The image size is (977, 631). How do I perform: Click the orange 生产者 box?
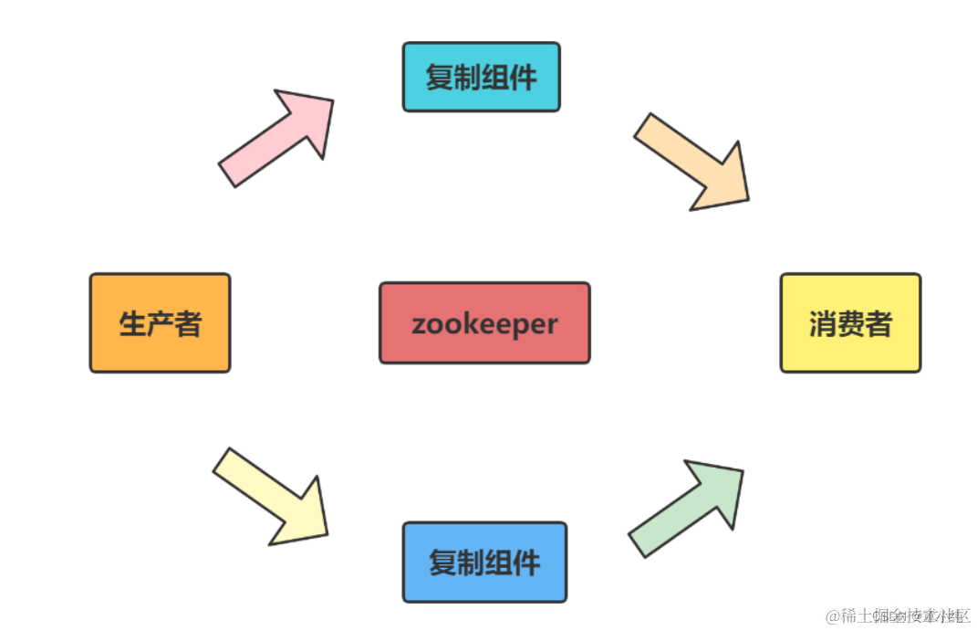(x=160, y=323)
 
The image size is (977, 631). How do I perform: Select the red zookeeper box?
(x=484, y=323)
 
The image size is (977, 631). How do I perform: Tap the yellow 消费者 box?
(x=850, y=323)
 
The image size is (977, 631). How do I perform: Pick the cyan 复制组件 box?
(x=481, y=78)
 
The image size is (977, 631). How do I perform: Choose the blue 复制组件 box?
(x=484, y=563)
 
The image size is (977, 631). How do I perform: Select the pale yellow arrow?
(x=274, y=498)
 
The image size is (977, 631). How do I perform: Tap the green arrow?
(x=689, y=506)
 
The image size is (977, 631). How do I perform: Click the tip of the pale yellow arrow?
(x=326, y=534)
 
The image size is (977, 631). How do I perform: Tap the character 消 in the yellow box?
(x=823, y=323)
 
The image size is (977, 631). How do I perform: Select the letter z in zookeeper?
(x=419, y=325)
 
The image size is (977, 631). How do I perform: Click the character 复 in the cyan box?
(x=439, y=78)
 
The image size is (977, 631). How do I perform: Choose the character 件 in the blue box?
(x=526, y=563)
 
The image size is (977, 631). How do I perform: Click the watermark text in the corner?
(x=898, y=615)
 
